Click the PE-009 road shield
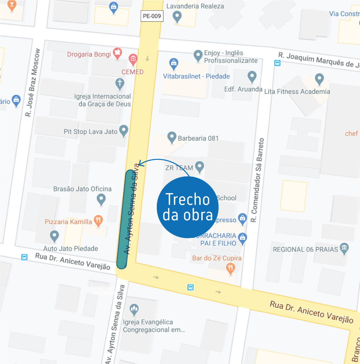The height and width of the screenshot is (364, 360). [x=152, y=16]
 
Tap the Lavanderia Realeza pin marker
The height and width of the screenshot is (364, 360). [x=177, y=16]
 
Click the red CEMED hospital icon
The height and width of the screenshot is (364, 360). [x=133, y=59]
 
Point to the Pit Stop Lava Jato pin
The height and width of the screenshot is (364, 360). [x=124, y=131]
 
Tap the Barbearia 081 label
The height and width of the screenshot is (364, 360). [x=198, y=138]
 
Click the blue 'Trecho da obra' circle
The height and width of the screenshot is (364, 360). [x=188, y=207]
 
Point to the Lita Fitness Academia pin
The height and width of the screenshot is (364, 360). [x=319, y=79]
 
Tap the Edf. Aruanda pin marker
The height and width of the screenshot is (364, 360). [x=252, y=76]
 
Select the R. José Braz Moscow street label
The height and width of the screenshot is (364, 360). [x=33, y=83]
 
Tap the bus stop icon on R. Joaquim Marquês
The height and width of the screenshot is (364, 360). [x=277, y=63]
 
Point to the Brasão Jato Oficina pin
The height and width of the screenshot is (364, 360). [x=101, y=199]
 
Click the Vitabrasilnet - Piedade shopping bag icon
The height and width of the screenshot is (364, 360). [x=174, y=64]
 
